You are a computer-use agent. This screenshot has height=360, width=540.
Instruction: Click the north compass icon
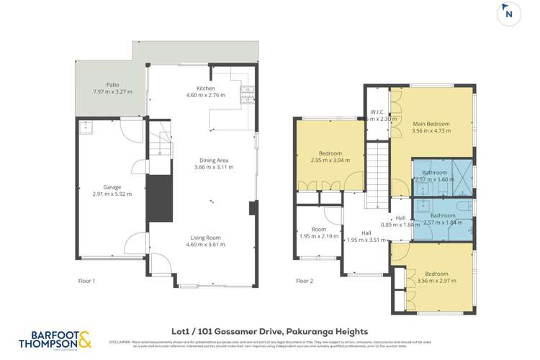(x=510, y=14)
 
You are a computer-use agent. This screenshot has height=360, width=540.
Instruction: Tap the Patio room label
(x=112, y=84)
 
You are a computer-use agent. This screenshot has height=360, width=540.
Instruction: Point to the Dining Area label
(x=214, y=160)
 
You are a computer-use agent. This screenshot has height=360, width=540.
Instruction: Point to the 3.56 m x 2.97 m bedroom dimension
(x=436, y=281)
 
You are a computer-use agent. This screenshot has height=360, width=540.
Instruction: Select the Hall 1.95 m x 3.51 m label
(x=366, y=238)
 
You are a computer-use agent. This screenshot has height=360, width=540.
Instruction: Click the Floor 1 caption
(x=86, y=280)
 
